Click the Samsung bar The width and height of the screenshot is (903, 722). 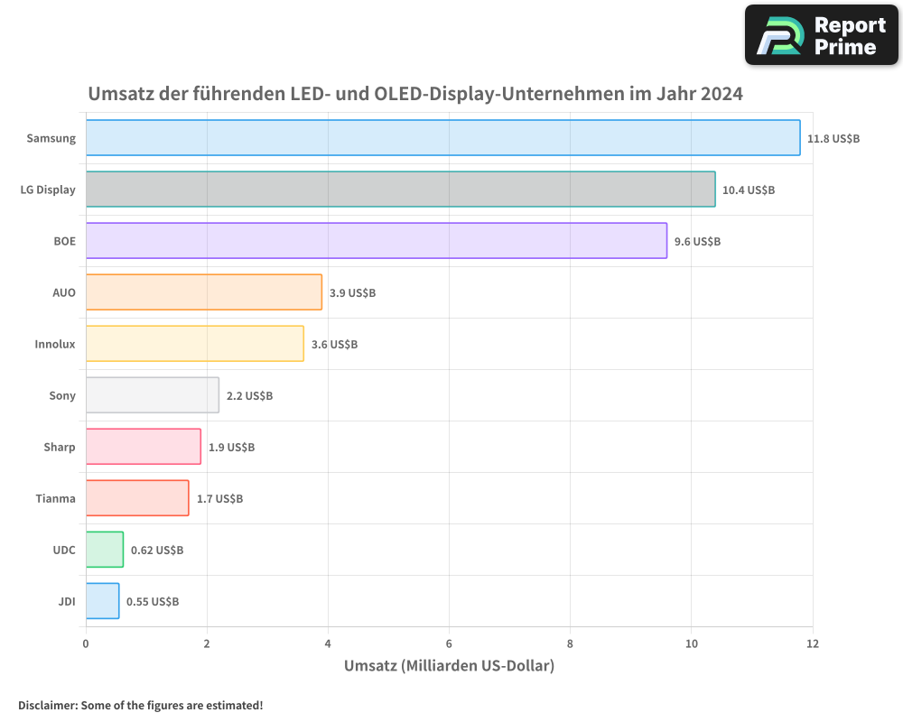(x=442, y=138)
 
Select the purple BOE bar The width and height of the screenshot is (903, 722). (x=377, y=241)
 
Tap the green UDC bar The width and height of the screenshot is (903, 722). (x=105, y=550)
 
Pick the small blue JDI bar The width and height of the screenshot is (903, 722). (x=102, y=601)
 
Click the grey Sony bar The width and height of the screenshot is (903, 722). (x=152, y=395)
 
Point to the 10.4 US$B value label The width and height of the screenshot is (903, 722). (x=749, y=190)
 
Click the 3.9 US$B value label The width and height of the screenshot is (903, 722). (x=352, y=293)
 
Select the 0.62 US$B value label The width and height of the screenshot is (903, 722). (x=157, y=550)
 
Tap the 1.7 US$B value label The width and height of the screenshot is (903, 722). (x=219, y=498)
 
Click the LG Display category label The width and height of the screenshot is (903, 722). (x=48, y=190)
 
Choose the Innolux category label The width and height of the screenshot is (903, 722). (x=55, y=345)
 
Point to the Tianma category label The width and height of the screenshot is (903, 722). (x=56, y=498)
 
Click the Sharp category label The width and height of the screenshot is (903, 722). (x=60, y=447)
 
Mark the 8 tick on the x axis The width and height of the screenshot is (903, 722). (x=570, y=643)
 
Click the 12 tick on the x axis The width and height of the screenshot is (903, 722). (x=813, y=643)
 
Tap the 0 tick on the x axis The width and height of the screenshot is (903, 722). (x=86, y=643)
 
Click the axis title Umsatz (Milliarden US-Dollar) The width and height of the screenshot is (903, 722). (x=449, y=666)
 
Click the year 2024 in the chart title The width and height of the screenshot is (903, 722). (x=720, y=93)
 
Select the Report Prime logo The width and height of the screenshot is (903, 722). (x=822, y=35)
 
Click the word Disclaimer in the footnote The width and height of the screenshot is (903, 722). (x=47, y=705)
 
